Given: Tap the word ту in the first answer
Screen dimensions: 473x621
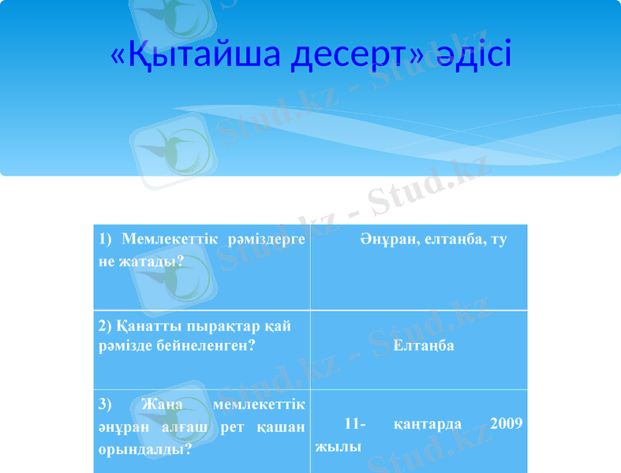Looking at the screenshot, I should (499, 239).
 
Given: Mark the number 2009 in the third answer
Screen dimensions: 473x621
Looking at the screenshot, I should (506, 423).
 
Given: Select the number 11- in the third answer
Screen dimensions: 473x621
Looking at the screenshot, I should (355, 423).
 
